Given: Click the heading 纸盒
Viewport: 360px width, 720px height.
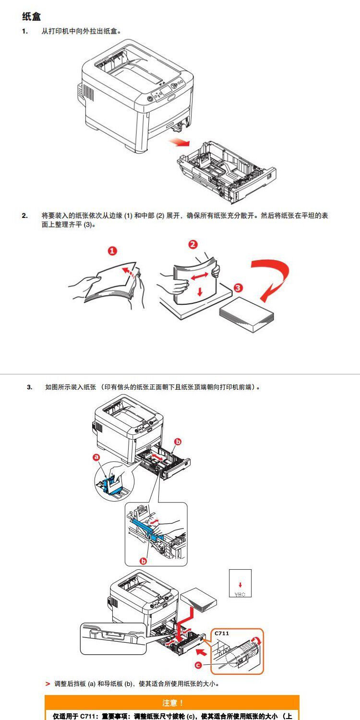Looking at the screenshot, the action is (32, 17).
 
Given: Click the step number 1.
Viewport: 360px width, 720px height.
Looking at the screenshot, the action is (24, 32).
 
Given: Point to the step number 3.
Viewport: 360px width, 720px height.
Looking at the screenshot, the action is (29, 387).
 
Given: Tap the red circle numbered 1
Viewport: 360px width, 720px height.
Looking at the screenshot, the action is (112, 251).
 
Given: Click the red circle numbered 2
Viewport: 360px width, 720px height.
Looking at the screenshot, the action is (192, 244).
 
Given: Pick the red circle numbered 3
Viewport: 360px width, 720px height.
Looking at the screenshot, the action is (238, 288).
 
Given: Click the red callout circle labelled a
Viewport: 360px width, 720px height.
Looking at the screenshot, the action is (96, 457).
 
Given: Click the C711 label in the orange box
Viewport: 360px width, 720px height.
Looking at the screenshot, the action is (222, 634).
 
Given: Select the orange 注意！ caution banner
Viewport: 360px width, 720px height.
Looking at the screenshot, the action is (172, 703).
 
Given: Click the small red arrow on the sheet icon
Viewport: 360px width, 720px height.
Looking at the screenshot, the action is (240, 586).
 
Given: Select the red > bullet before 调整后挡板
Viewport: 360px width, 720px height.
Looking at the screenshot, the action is (48, 684).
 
